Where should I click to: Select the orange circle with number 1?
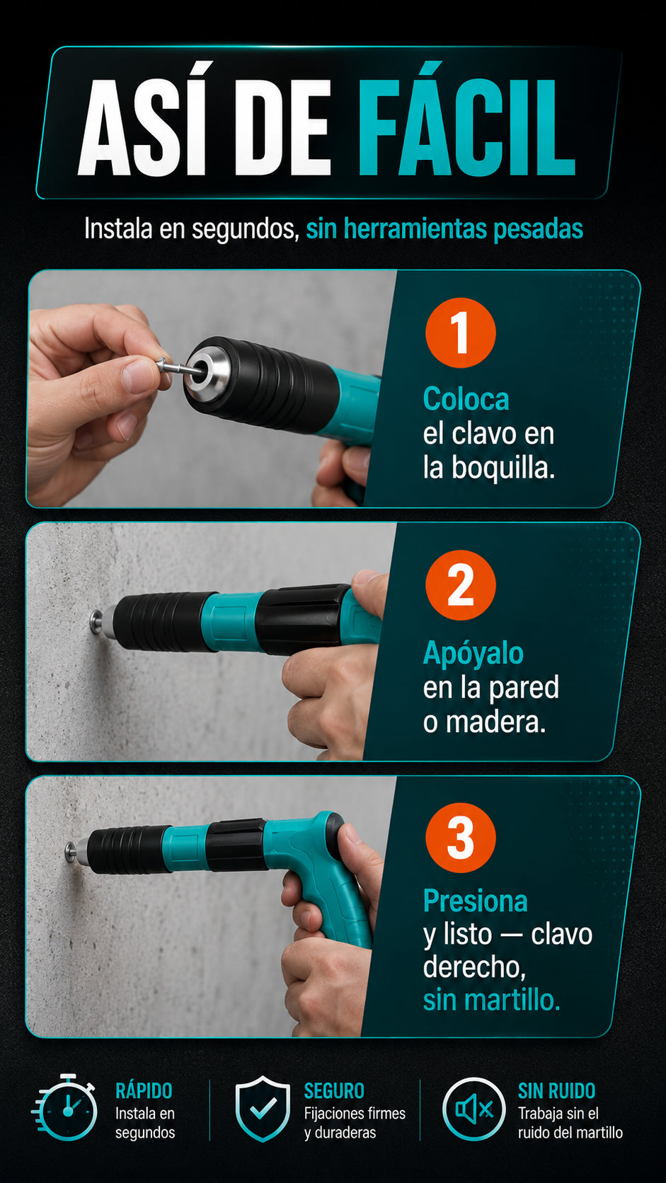tap(461, 333)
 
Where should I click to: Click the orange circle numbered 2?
tap(461, 585)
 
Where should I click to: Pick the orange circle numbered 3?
tap(461, 838)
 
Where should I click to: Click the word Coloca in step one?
tap(466, 399)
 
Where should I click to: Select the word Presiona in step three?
tap(476, 901)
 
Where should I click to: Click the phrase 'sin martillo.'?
tap(491, 1000)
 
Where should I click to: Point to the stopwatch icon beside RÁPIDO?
tap(66, 1107)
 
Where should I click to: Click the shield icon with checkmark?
tap(263, 1109)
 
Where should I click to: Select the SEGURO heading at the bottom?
tap(334, 1091)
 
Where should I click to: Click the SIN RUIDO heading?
tap(557, 1091)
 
